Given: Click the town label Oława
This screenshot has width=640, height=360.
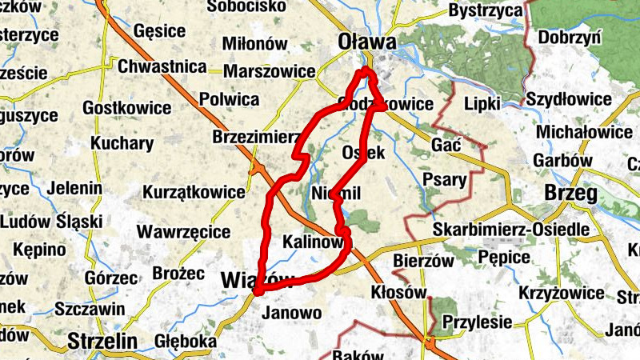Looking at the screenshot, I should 367,40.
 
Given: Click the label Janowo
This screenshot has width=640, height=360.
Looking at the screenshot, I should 291,312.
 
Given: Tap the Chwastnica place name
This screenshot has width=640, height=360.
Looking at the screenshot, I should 162,66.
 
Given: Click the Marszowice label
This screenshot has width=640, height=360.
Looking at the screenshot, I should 270,71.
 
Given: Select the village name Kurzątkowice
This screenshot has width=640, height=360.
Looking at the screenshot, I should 194,192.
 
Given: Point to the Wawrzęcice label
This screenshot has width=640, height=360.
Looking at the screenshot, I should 184,232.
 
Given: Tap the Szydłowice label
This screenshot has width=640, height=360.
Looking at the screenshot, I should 569,99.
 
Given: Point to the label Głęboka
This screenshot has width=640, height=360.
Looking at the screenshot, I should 187,341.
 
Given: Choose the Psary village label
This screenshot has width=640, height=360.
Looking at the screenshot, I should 444,179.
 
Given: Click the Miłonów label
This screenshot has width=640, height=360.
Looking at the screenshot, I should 252,43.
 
